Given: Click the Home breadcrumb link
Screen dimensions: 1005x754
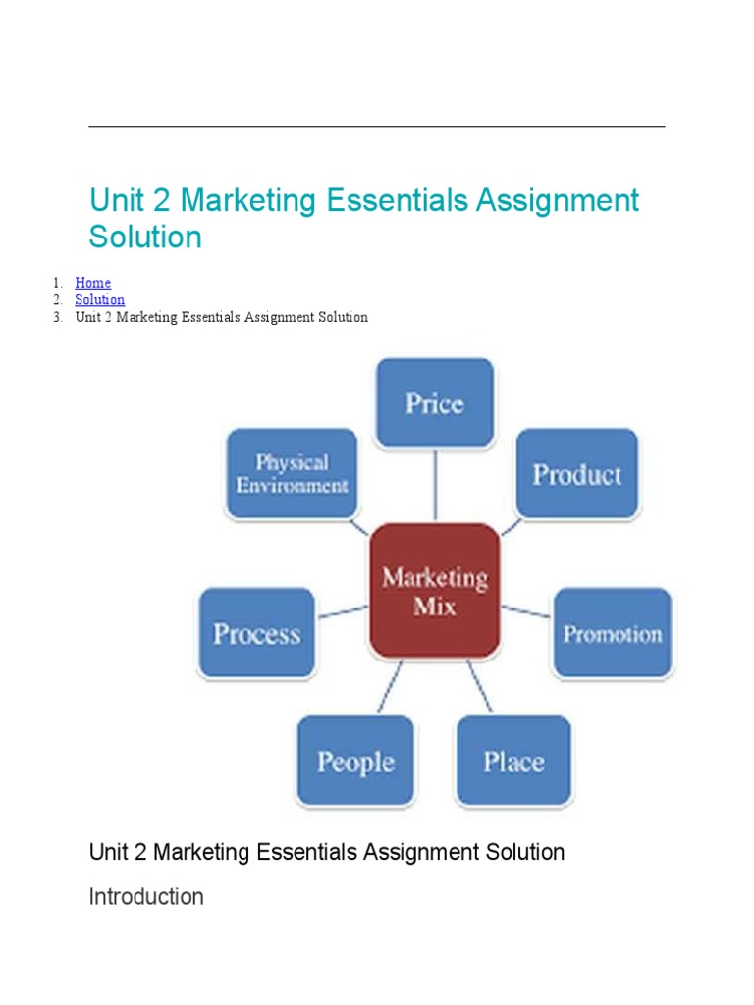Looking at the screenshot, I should (92, 283).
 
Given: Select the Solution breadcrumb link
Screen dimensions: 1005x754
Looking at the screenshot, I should (99, 299).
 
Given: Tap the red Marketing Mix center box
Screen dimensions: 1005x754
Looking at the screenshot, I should (434, 591).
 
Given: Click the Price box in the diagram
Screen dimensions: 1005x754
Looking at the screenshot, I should (434, 403).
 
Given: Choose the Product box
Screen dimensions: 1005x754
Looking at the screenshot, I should (576, 474).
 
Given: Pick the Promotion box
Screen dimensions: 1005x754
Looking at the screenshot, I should (612, 633).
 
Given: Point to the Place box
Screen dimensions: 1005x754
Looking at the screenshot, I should (512, 762).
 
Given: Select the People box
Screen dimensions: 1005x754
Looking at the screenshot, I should (355, 762).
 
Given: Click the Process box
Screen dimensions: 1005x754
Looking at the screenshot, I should (256, 633).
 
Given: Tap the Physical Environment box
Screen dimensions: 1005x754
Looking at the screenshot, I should (292, 474).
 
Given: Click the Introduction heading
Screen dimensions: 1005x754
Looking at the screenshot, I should (146, 896).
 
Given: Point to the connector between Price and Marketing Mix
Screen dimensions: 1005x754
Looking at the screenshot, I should (434, 486).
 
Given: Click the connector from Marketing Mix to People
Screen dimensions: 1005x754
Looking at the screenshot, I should (389, 686).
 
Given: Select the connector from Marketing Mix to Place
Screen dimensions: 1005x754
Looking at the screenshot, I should (479, 686).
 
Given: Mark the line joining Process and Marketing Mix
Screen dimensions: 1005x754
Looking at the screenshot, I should (343, 611).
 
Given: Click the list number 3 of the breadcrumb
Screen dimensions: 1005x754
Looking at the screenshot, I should (58, 317).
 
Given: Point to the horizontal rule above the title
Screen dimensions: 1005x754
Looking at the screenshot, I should (377, 127).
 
